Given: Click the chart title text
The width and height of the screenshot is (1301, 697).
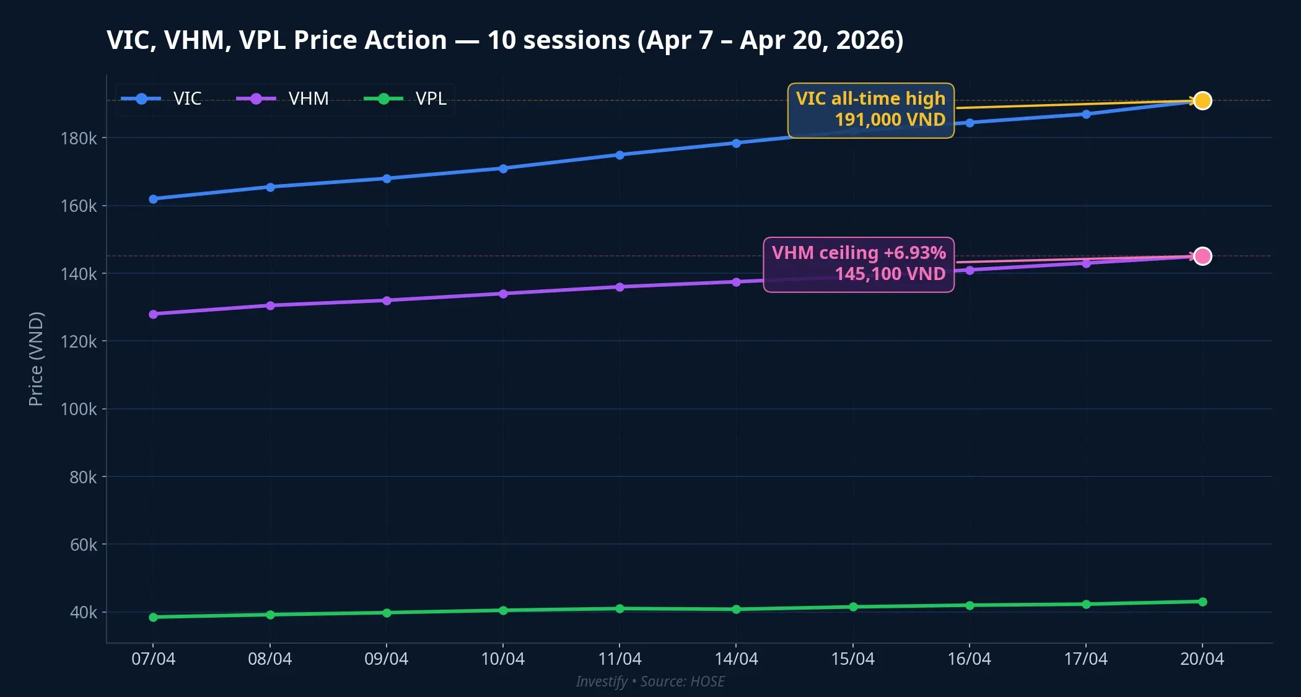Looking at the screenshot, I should click(505, 40).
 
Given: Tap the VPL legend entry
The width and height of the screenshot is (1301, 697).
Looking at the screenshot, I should click(406, 99).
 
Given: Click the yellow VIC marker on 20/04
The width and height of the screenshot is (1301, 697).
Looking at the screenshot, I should click(1202, 100).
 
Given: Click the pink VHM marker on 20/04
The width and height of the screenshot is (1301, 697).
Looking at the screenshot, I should click(1202, 256).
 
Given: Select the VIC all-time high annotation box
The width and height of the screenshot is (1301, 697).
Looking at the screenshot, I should click(870, 110).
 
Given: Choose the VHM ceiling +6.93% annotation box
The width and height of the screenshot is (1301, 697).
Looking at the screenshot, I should click(858, 264).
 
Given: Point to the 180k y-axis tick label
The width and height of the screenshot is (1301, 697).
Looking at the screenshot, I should click(79, 138).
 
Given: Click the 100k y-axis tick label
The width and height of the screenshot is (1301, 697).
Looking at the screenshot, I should click(79, 409).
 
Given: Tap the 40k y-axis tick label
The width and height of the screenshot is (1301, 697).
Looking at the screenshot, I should click(83, 612).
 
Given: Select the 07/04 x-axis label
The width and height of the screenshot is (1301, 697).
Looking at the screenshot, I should click(153, 659).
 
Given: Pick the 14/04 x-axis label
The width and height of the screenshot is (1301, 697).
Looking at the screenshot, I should click(736, 659).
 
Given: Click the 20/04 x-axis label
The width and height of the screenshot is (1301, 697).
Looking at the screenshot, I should click(1202, 659).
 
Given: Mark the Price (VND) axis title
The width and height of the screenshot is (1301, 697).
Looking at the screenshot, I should click(36, 359).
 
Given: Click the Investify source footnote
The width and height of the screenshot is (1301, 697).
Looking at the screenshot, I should click(650, 682).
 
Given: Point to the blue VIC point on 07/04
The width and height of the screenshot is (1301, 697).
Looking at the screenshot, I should click(153, 199).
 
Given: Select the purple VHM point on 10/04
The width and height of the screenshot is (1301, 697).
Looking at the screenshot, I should click(503, 294).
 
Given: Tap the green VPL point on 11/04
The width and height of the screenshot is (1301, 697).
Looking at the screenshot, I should click(620, 608).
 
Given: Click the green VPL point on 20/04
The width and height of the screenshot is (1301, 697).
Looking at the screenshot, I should click(1202, 602).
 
